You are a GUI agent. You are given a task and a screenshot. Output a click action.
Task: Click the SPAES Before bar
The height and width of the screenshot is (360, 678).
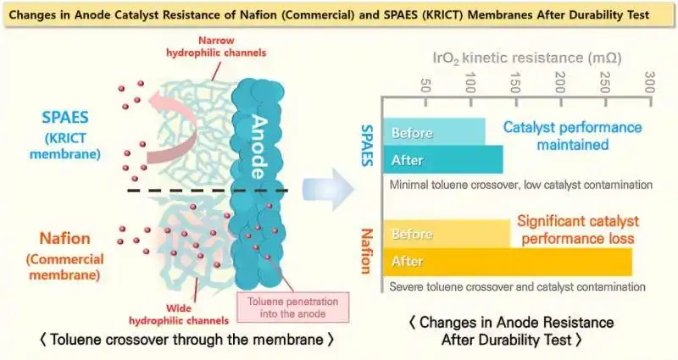[x=434, y=132]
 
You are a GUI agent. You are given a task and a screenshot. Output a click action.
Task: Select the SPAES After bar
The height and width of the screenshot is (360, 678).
[x=442, y=159]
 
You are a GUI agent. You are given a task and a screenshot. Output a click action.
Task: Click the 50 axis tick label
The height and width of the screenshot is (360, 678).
[x=425, y=86]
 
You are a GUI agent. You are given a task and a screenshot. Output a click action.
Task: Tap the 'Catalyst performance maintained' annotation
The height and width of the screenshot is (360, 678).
[x=572, y=136]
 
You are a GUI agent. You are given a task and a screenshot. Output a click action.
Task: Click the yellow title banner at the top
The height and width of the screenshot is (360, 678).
[x=339, y=14]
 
